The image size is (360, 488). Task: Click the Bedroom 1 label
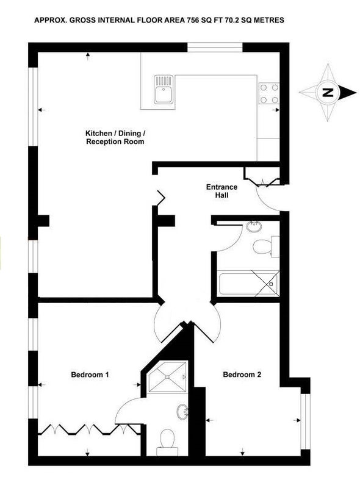[90, 375]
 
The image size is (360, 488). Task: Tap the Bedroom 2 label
[242, 375]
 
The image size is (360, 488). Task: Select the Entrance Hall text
[221, 191]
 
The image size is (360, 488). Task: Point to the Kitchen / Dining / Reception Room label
[115, 138]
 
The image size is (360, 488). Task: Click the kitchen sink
[163, 89]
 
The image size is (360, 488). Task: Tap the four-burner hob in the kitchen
[269, 93]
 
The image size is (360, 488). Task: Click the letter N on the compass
[327, 93]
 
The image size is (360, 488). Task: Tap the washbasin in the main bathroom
[254, 226]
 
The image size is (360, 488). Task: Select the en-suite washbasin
[182, 411]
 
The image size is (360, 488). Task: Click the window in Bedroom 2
[305, 422]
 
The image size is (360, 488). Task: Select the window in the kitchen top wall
[215, 48]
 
